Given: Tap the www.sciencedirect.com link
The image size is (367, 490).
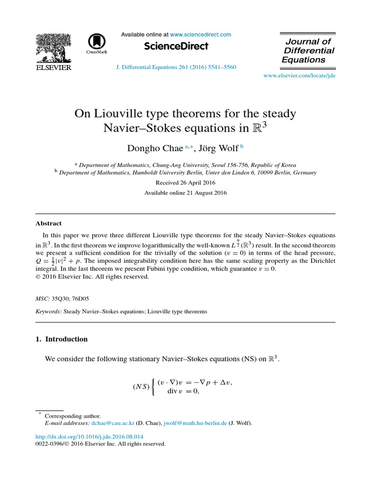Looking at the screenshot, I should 200,34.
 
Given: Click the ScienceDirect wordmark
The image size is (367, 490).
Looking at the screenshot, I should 176,46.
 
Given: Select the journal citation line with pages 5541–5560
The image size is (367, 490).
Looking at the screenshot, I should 176,67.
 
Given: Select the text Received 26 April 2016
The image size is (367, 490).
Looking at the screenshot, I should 185,183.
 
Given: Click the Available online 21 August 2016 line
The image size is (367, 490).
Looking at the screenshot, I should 185,193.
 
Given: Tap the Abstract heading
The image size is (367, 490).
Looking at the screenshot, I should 49,223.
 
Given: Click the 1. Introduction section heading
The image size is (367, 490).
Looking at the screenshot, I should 62,339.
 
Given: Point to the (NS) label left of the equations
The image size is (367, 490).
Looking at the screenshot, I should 140,387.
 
